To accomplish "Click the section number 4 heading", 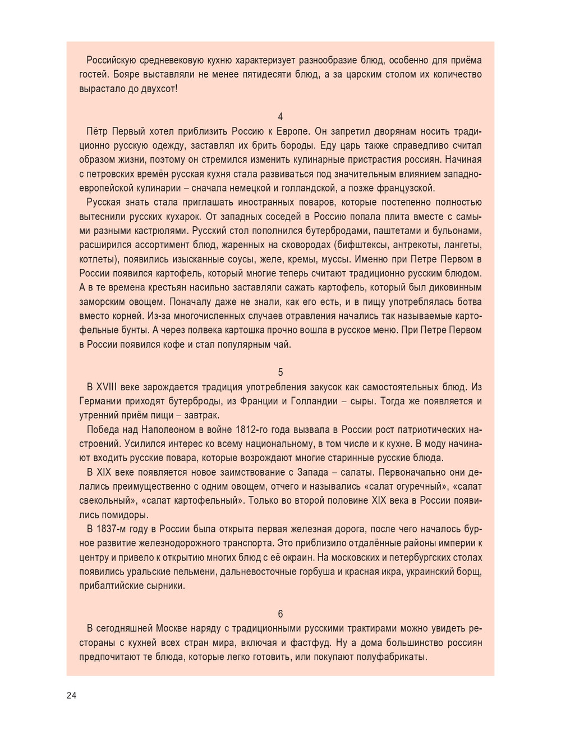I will pyautogui.click(x=280, y=117).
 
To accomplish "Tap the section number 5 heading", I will pyautogui.click(x=280, y=372).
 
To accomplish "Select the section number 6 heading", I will pyautogui.click(x=280, y=614).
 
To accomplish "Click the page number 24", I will pyautogui.click(x=71, y=695).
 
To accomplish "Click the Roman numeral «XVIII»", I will pyautogui.click(x=108, y=387).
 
